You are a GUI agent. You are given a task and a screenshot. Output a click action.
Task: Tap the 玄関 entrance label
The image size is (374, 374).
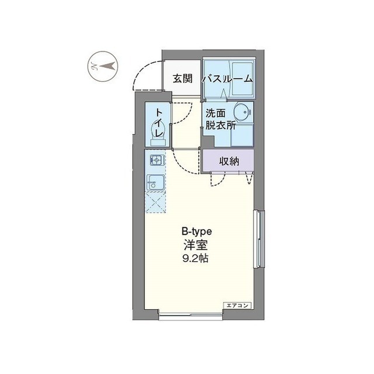183,78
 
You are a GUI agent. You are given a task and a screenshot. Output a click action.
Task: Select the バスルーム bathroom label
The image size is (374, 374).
228,78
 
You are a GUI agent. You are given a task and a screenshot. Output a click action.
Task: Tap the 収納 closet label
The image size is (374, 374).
229,161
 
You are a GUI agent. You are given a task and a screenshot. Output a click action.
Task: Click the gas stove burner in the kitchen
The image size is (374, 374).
155,159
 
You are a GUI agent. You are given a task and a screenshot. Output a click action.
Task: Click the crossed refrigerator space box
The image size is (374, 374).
155,203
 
